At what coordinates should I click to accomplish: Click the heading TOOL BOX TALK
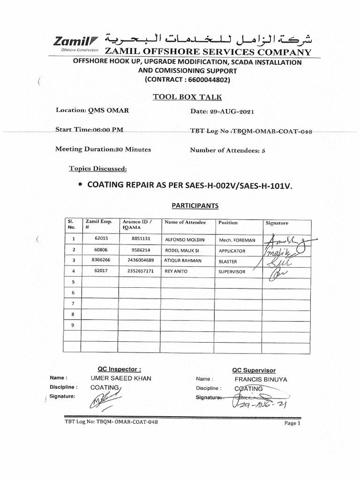187,97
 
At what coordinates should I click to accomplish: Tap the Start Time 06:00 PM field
90,130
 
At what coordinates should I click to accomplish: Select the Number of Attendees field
227,150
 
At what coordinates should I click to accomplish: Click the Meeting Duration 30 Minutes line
103,150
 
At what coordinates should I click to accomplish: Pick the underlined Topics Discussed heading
97,169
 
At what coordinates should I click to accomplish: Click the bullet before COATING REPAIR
81,185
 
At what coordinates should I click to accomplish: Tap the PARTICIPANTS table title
188,205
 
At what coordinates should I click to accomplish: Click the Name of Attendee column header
185,223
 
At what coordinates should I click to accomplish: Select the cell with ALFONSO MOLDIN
185,240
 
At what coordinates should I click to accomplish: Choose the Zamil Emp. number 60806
101,250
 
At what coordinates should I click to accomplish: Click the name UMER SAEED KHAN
121,378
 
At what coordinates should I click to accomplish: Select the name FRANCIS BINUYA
261,379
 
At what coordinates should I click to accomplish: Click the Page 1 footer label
292,423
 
